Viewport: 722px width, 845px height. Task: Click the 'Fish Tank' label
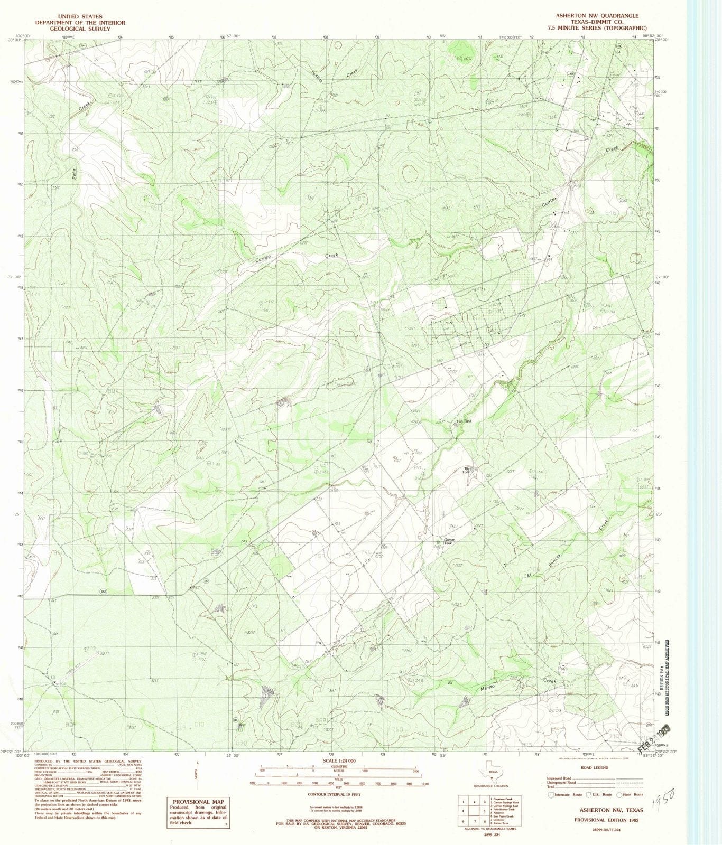464,421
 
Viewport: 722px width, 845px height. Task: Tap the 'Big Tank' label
467,470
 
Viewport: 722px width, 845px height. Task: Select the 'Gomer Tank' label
449,541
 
